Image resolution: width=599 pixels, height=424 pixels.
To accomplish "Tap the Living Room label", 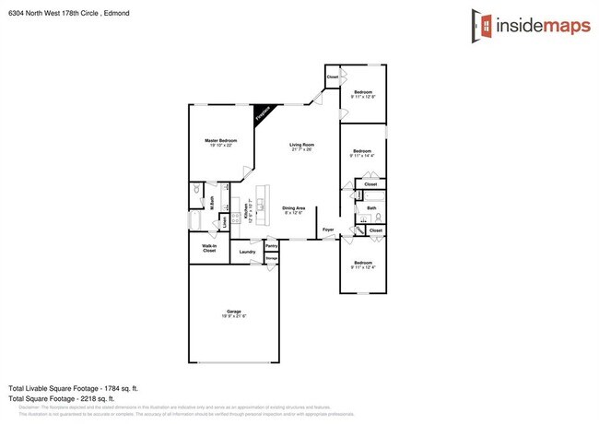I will click(x=302, y=145).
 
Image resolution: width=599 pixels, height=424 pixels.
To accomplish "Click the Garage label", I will click(x=233, y=312).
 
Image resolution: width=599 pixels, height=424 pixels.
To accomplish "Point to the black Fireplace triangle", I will click(x=265, y=113).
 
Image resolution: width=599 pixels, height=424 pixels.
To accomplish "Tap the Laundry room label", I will click(x=246, y=252).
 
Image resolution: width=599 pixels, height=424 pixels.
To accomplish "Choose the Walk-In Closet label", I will click(x=209, y=249).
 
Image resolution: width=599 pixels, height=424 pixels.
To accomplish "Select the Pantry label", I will click(x=271, y=246).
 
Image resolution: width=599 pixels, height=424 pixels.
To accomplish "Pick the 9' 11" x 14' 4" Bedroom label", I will click(x=361, y=152).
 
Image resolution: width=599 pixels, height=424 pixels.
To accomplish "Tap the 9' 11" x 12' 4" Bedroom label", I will click(x=361, y=264).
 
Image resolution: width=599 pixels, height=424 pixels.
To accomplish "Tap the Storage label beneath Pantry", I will click(x=271, y=259).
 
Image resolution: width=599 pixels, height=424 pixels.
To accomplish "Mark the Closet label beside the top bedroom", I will click(x=333, y=77).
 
